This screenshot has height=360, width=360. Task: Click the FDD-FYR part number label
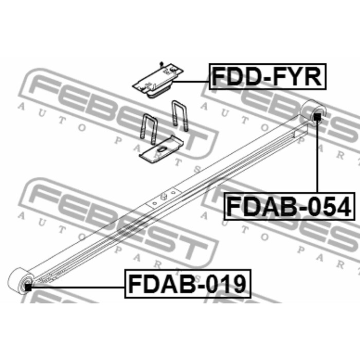click(x=267, y=77)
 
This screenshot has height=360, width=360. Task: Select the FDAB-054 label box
click(x=289, y=206)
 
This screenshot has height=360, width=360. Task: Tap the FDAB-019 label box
click(x=188, y=284)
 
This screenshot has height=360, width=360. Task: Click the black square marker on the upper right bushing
click(x=317, y=117)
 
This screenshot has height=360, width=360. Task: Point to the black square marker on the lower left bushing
click(x=28, y=287)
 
